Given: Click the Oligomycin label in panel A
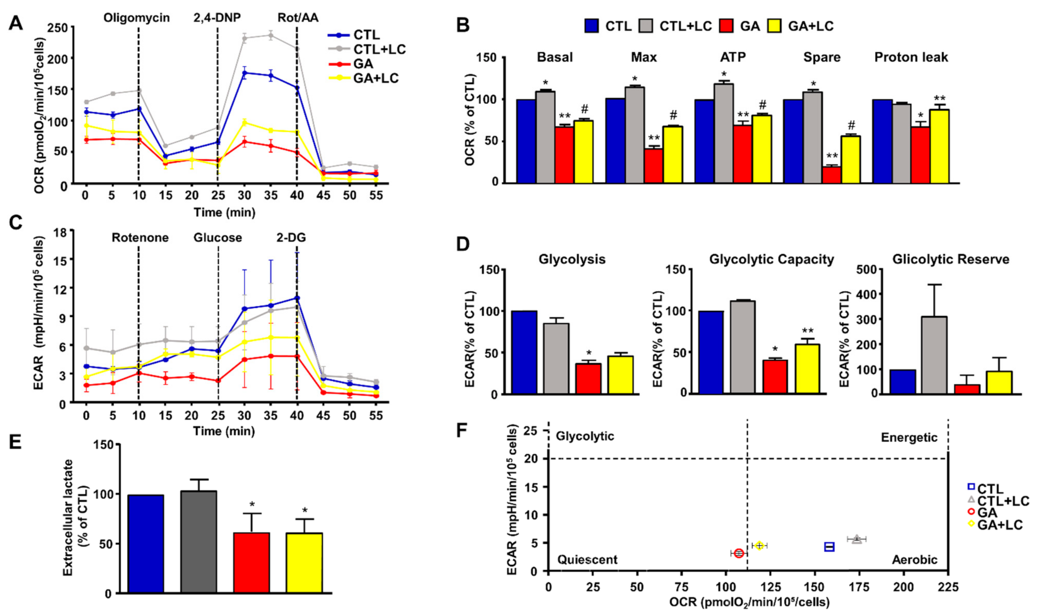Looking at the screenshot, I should [x=136, y=18].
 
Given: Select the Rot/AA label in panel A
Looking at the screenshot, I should [x=298, y=18].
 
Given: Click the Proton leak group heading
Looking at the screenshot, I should [x=910, y=57].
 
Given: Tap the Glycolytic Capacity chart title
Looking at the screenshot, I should [x=771, y=260].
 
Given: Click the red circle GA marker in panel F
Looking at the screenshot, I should [x=739, y=553].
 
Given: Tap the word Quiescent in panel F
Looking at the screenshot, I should [x=587, y=560].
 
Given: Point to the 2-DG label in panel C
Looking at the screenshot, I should [x=292, y=237].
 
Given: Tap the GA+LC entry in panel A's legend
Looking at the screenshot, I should [x=375, y=78].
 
